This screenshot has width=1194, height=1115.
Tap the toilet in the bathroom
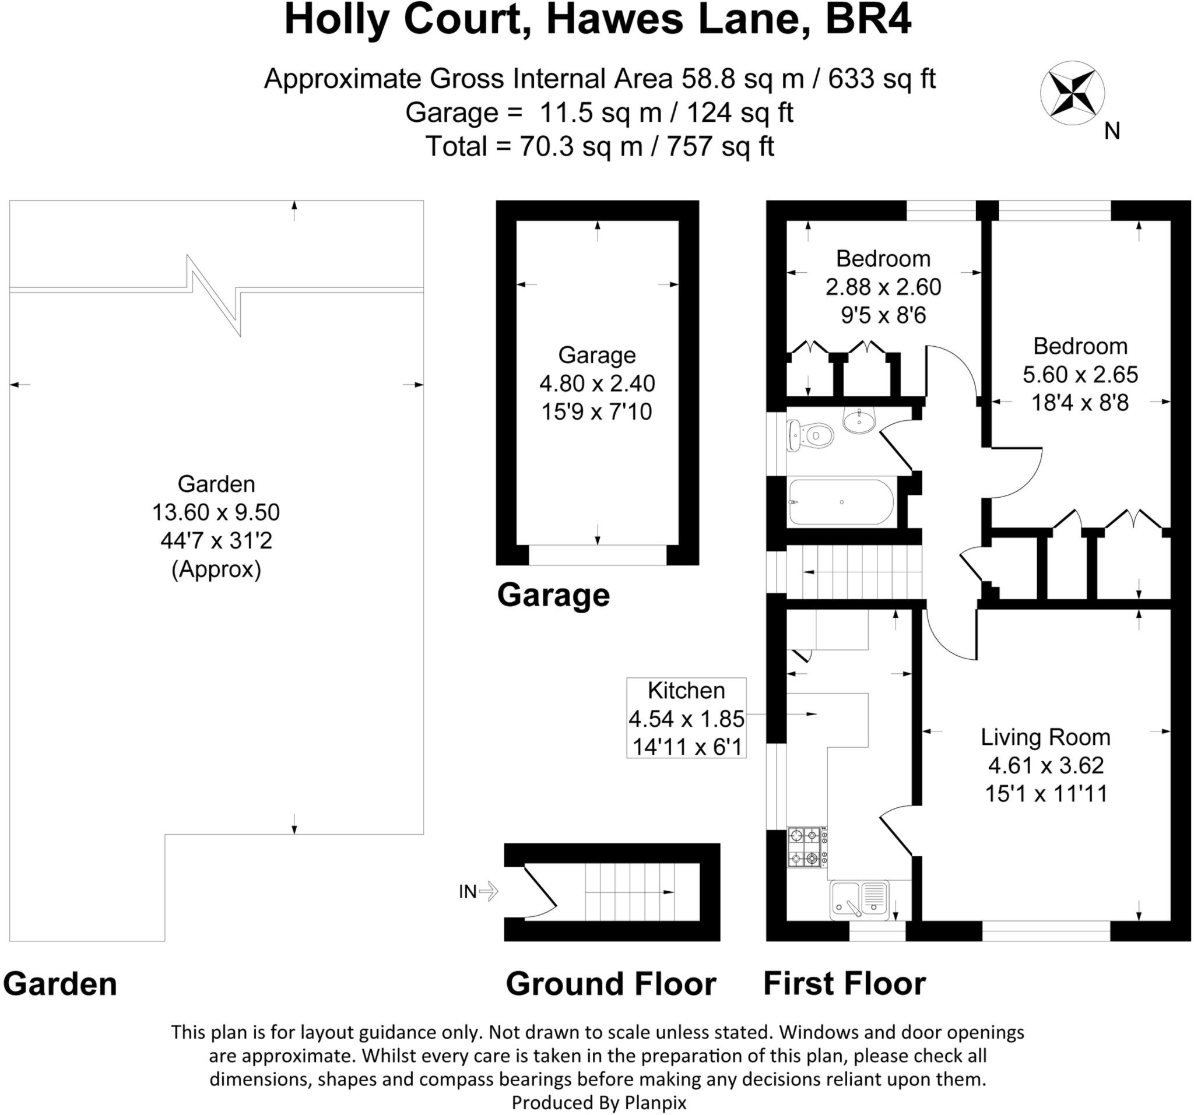(x=812, y=435)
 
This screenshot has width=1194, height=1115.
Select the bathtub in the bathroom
(x=841, y=502)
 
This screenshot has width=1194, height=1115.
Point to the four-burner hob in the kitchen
(x=805, y=847)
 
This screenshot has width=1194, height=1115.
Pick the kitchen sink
(x=859, y=900)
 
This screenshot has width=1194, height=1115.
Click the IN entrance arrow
(x=488, y=891)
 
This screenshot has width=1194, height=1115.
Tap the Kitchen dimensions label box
(x=686, y=718)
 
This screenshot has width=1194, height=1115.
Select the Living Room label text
(x=1045, y=737)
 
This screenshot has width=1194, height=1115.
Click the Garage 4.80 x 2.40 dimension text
(x=597, y=383)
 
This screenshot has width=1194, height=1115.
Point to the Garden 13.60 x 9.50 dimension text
(x=216, y=512)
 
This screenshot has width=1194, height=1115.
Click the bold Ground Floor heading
(x=611, y=984)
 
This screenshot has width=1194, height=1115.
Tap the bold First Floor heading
(x=844, y=983)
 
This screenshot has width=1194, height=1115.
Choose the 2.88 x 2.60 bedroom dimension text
(x=883, y=287)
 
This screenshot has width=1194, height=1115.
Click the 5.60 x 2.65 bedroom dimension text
(x=1080, y=375)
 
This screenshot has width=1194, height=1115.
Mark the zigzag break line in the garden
(x=215, y=295)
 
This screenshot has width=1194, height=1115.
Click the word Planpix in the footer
(x=655, y=1102)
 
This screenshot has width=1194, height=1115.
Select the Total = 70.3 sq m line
(x=599, y=146)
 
